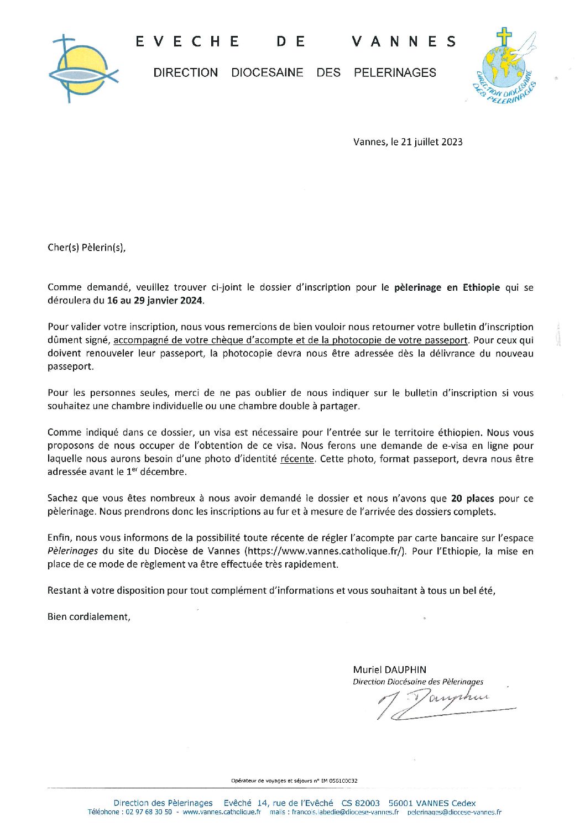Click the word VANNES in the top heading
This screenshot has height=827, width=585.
coord(404,41)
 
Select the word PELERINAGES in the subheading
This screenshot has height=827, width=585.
coord(395,72)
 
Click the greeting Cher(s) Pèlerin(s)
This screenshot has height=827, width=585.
coord(87,248)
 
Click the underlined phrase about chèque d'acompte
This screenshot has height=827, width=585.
coord(291,340)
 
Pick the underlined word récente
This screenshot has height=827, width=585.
coord(297,459)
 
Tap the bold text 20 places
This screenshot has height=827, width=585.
coord(472,498)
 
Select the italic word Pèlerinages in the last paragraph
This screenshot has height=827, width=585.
coord(73,551)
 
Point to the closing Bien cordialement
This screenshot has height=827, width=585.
coord(89,617)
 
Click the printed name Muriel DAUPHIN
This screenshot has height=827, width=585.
coord(390,669)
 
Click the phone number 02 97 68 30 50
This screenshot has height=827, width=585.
coord(149,813)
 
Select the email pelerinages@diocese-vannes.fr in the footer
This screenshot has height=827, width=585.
coord(454,813)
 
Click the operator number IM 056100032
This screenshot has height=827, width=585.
coord(337,781)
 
